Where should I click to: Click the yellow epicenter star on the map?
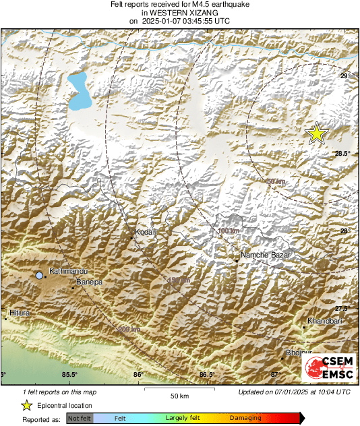point(316,133)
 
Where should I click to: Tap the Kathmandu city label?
point(66,270)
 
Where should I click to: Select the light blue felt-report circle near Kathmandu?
point(40,276)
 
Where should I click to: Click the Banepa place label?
point(89,282)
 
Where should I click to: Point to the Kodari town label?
point(146,232)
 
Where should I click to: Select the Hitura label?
point(21,313)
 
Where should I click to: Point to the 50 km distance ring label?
point(276,182)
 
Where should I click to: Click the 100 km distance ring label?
point(229,231)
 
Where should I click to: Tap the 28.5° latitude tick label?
point(344,154)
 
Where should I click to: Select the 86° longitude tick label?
point(138,375)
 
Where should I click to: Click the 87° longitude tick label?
point(274,375)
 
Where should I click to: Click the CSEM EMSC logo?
point(328,367)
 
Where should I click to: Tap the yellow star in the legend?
point(27,405)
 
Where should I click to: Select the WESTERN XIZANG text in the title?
point(179,12)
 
